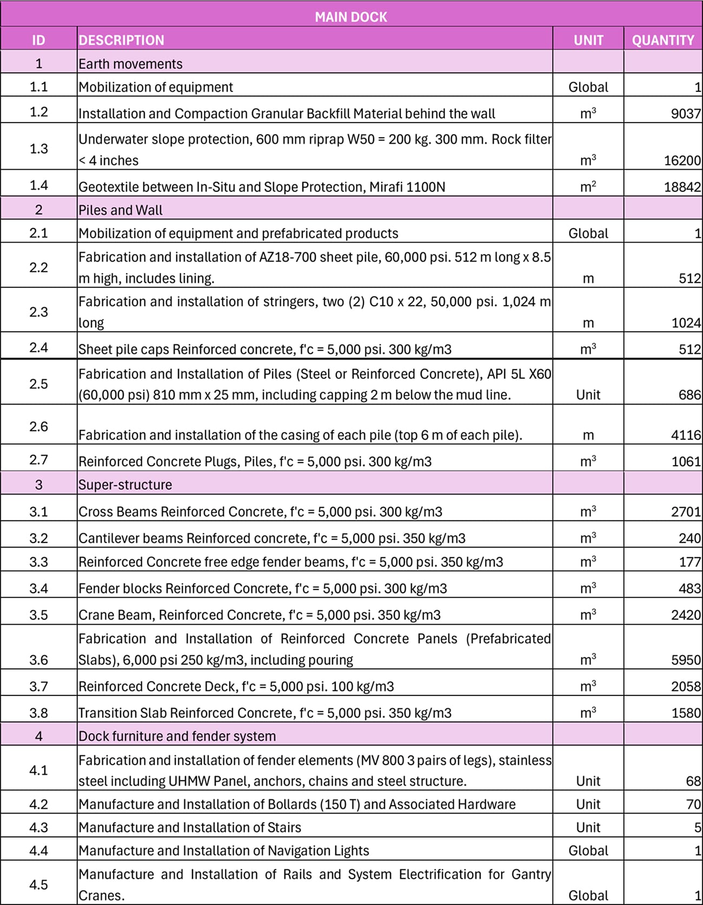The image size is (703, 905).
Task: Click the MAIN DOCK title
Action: point(351,17)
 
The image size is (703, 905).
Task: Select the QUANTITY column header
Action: point(662,40)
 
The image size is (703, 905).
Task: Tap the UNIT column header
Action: point(588,40)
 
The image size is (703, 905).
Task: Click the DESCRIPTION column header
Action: point(121,40)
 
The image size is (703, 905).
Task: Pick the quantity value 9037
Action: point(685,113)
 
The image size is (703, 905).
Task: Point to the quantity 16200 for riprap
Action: point(682,160)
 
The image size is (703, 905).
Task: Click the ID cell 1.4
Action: point(38,185)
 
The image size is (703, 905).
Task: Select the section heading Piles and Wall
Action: point(120,210)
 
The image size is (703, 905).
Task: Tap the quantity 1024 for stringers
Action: point(686,323)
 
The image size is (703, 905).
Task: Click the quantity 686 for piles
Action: point(689,395)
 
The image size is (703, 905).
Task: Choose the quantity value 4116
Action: point(686,435)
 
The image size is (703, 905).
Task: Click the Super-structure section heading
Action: point(125,485)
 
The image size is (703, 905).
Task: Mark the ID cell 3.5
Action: point(38,615)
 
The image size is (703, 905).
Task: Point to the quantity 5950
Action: point(686,660)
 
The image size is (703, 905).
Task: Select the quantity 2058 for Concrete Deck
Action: point(686,687)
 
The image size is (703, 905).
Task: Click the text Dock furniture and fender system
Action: point(177,736)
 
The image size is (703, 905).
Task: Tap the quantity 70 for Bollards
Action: point(693,805)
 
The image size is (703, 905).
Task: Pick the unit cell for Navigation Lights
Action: point(588,851)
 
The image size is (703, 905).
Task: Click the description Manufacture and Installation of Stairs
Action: point(189,828)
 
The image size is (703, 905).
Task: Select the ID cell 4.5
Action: point(38,884)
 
